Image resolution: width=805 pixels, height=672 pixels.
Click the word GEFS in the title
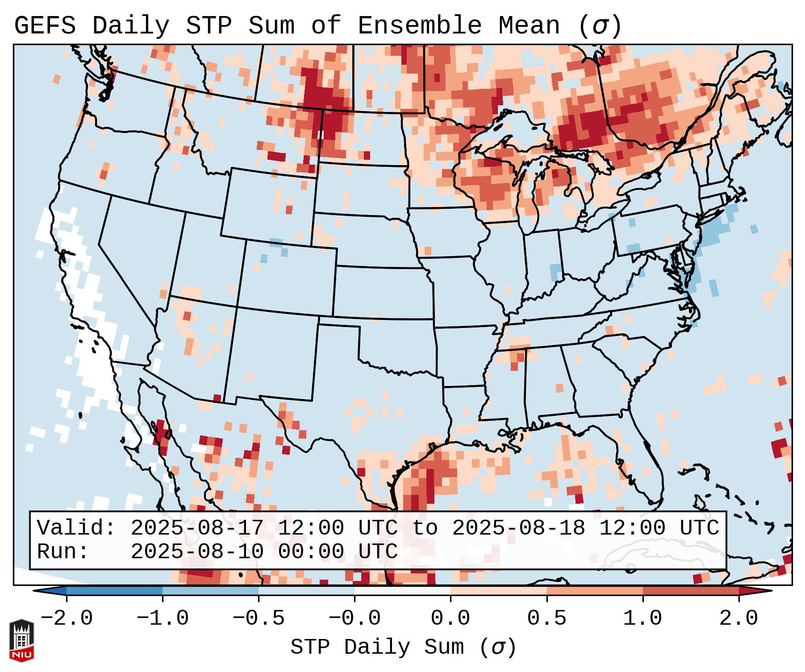point(45,26)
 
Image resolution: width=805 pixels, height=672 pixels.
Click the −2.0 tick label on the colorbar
point(67,619)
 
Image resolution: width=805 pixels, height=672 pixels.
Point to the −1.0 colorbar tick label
point(163,619)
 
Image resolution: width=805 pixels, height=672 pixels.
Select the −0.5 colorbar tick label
point(259,619)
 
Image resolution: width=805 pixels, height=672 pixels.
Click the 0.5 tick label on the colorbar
point(546,619)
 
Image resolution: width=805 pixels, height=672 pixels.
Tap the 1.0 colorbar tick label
point(642,619)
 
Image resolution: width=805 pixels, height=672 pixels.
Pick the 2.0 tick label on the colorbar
point(739,619)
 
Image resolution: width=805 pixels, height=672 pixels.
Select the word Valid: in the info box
point(76,528)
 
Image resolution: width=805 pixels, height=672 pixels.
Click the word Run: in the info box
point(63,552)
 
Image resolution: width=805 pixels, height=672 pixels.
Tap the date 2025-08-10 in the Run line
point(197,552)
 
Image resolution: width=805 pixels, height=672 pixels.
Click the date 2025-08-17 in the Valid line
point(197,528)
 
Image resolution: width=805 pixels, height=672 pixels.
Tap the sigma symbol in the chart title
point(600,27)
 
